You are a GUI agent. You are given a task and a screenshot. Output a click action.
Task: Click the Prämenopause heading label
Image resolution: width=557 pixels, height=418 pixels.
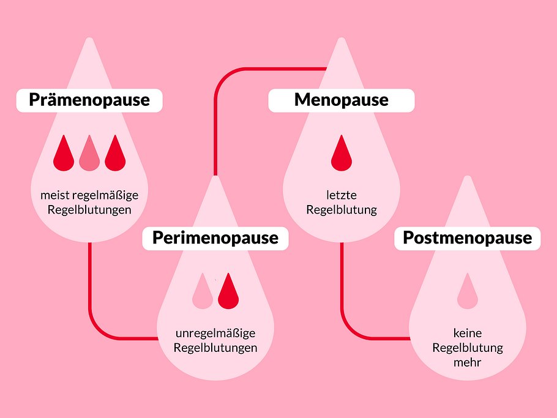coord(89,100)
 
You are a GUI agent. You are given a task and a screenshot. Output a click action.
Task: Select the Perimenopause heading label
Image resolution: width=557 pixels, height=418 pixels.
coord(215,237)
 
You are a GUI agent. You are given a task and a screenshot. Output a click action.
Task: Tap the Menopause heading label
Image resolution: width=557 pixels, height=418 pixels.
coord(341,100)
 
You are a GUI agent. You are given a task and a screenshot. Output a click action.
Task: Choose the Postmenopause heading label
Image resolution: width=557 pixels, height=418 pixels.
coord(467,237)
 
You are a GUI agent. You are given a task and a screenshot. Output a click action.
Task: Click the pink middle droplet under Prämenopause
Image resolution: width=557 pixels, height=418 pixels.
coord(89,154)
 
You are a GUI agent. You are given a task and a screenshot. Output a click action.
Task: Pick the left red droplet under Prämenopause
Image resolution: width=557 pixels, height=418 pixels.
coord(64,154)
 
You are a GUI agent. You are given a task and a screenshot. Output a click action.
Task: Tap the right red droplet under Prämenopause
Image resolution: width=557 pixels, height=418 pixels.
coord(115,154)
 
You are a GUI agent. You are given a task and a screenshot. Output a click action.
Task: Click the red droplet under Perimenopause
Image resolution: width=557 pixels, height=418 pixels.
coord(228,291)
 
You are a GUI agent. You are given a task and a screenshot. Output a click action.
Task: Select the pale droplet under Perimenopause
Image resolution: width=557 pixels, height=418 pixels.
coord(202,291)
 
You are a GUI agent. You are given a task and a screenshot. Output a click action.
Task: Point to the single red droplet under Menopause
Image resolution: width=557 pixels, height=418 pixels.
coord(342,154)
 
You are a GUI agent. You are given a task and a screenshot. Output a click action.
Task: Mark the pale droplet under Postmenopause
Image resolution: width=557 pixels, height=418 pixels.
coord(468,291)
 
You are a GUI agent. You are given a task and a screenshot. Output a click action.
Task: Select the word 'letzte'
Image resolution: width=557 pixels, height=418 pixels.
coord(342,196)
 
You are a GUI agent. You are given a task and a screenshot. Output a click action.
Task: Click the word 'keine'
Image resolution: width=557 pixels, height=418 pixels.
coord(468,334)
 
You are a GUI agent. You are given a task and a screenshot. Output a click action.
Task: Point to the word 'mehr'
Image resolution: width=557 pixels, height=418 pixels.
coord(468,362)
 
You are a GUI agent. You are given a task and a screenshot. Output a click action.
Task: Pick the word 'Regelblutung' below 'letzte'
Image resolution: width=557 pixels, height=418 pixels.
coord(342,210)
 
